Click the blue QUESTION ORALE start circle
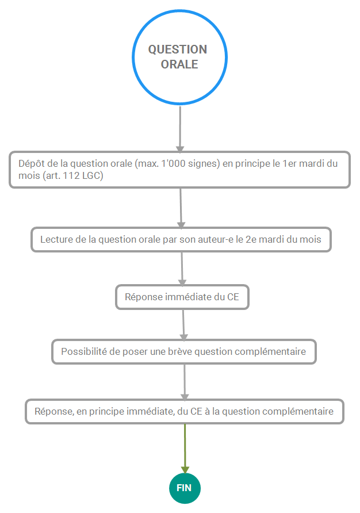(179, 58)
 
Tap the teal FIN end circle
(185, 488)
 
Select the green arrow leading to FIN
(185, 449)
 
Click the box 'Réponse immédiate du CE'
(182, 297)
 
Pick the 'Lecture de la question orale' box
(181, 239)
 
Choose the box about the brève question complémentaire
(184, 352)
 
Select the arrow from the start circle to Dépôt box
(180, 129)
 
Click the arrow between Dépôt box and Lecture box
(181, 208)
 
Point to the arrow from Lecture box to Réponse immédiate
(182, 269)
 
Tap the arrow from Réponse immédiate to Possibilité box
(183, 325)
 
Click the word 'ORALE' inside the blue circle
(179, 64)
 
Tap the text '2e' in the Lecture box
(251, 239)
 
